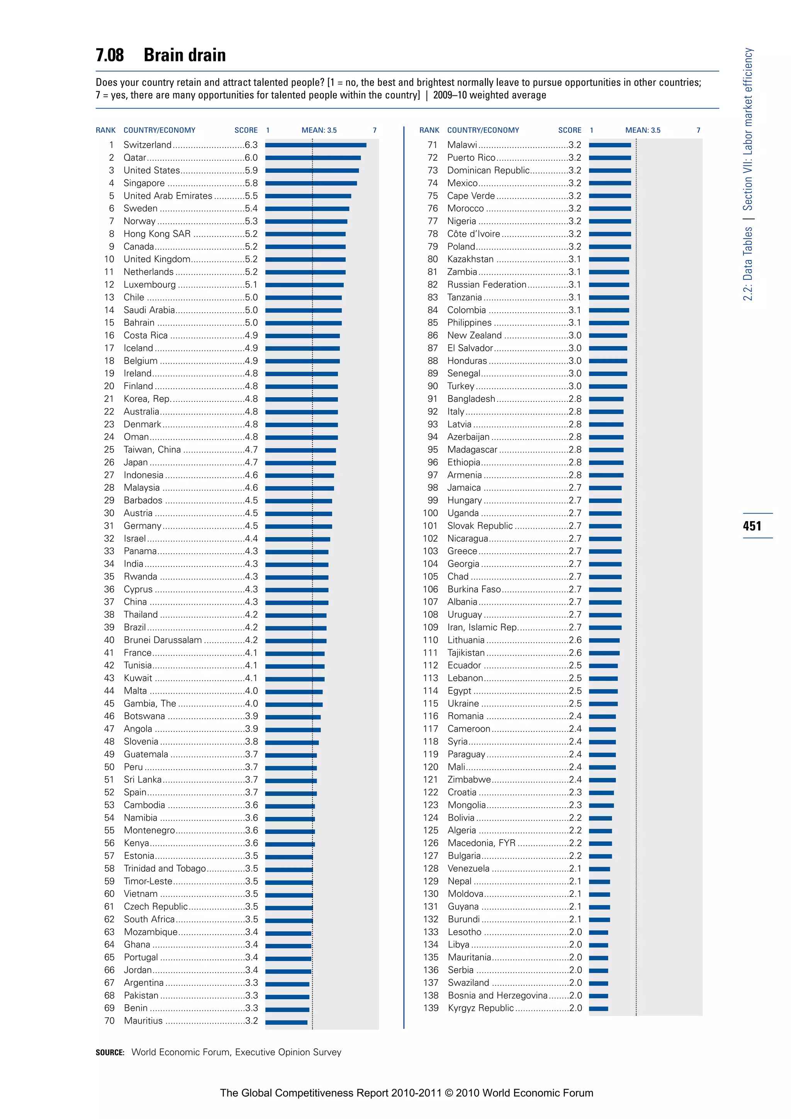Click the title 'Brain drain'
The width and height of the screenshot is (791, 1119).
pos(185,55)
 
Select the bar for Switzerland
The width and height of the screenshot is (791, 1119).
pos(316,145)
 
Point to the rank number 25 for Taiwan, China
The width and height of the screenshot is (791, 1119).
pos(109,450)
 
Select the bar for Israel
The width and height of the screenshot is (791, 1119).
pos(298,539)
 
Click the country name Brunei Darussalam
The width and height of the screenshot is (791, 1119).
pos(163,640)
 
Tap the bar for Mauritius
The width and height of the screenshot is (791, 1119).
pos(287,1021)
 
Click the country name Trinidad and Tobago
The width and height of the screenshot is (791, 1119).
pos(165,869)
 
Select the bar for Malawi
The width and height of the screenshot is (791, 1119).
pos(610,145)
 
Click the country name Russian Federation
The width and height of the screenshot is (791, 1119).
pos(487,285)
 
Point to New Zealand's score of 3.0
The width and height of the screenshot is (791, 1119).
pos(575,335)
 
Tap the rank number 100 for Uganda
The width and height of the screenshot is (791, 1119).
pos(431,513)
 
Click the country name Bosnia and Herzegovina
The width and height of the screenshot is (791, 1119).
pos(497,996)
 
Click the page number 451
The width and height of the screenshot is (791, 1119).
pos(752,526)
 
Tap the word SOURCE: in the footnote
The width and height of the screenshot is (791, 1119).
pos(110,1053)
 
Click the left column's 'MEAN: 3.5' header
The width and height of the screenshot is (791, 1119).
pos(319,130)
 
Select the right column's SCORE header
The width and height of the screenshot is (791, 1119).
pos(569,130)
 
